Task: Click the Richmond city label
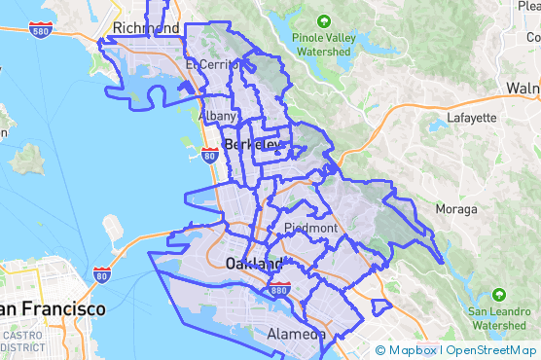pos(146,27)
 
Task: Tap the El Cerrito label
pos(212,65)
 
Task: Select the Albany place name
pos(216,116)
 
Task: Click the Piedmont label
pos(310,228)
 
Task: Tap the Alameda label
pos(296,334)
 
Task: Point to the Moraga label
pos(456,209)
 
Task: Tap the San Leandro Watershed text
pos(500,318)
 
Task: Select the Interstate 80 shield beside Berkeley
pos(209,154)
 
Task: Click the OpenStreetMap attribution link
pos(491,350)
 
